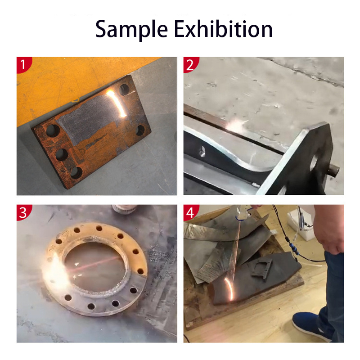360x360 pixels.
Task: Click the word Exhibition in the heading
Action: [223, 29]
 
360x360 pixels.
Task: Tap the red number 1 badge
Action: [23, 64]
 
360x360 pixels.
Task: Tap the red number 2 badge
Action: [190, 64]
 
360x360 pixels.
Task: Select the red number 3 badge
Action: [23, 212]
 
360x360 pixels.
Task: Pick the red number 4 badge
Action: [190, 212]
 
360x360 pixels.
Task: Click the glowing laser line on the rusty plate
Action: [117, 102]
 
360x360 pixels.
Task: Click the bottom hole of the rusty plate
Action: [76, 173]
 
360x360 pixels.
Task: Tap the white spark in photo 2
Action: [235, 126]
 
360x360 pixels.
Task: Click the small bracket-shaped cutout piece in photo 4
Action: [262, 269]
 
